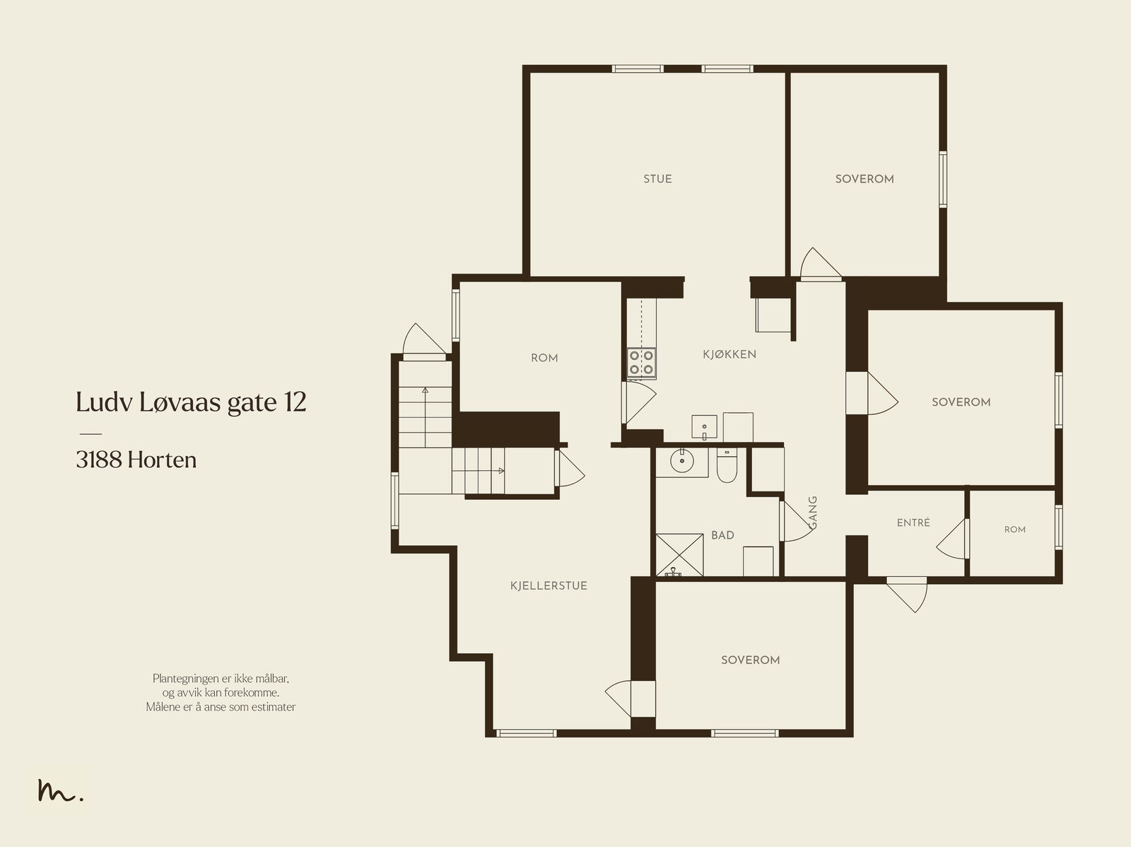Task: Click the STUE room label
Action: point(657,179)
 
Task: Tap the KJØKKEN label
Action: point(729,354)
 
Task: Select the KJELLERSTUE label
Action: point(549,586)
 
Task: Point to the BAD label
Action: point(722,535)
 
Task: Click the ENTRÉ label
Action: point(913,522)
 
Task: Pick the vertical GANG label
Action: point(813,512)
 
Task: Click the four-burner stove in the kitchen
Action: point(642,363)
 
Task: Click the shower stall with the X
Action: point(679,555)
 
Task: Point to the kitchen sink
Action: point(704,427)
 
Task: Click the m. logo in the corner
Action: point(60,790)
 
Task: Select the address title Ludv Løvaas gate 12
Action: point(191,402)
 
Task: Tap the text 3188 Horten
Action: point(136,460)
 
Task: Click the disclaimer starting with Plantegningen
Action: point(221,692)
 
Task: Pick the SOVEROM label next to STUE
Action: point(865,179)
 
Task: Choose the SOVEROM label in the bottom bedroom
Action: point(750,660)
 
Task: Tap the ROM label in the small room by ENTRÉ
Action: point(1014,530)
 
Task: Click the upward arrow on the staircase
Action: point(425,417)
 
